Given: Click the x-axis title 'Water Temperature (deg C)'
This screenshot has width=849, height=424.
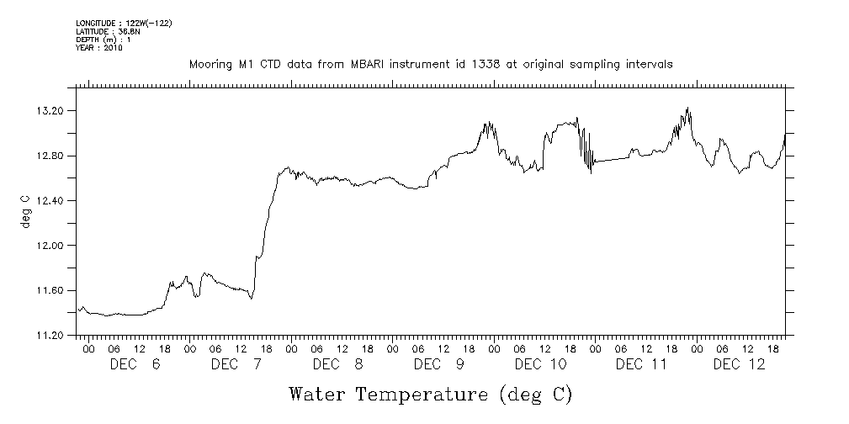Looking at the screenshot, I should tap(432, 393).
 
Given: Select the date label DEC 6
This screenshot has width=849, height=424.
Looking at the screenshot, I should tap(135, 364).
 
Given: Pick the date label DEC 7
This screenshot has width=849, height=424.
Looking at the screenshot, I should tap(236, 364).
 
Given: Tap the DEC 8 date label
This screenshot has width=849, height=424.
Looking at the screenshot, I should tap(337, 364).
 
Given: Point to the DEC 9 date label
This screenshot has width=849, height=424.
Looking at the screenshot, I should tap(438, 364).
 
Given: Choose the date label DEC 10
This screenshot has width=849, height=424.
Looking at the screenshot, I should tap(539, 364).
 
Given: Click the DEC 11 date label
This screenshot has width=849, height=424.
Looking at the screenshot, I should tap(641, 364).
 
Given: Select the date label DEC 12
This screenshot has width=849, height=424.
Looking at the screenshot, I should tap(739, 364).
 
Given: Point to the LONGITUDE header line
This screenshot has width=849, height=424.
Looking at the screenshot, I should tap(124, 23).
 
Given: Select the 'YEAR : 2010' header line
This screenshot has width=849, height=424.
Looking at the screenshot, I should tap(99, 48).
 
